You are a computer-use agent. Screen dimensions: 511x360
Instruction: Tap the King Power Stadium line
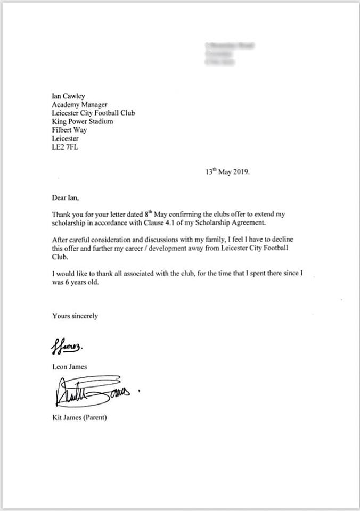[83, 121]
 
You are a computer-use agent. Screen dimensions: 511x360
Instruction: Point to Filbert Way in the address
[70, 130]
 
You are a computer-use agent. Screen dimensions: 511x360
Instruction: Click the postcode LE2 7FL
[65, 146]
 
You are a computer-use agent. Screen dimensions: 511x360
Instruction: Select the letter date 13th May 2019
[227, 172]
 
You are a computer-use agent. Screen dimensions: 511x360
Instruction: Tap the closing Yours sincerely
[75, 316]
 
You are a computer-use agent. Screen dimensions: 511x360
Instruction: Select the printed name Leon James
[69, 367]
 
